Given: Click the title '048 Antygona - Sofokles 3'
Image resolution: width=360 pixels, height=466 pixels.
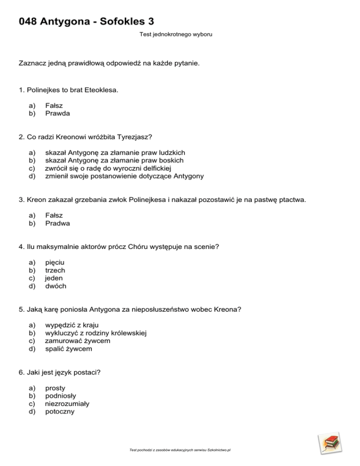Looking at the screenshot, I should point(86,21).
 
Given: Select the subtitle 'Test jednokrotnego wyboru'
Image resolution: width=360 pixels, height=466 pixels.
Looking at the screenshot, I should point(176,34).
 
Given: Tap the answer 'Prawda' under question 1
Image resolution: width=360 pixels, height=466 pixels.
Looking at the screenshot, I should point(58,113).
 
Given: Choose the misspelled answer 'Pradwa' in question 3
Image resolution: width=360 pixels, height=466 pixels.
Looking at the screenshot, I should point(58,223).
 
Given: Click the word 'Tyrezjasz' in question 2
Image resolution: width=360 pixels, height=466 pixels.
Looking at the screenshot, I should point(136,137).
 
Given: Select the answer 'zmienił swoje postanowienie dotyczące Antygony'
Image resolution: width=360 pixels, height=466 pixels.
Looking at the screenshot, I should point(124,176).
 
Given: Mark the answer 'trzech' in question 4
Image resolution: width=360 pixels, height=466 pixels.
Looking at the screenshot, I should point(55,271).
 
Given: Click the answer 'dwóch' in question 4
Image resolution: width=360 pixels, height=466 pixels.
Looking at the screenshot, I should point(56,286).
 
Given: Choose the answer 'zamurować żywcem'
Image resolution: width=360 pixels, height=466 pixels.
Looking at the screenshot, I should point(77,341).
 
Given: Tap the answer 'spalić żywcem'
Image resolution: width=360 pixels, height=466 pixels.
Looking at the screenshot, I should point(68,349).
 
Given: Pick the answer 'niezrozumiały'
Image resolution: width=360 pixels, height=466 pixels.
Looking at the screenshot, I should point(67,404).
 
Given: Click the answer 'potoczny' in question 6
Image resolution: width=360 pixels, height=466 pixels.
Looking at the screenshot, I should point(60,412).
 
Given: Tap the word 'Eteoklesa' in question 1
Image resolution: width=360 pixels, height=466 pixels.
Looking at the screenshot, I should point(102,89).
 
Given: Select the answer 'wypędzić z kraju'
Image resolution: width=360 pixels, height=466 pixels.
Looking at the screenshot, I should point(72,325).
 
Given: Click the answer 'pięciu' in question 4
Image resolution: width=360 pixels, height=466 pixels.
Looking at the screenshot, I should point(54,263).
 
